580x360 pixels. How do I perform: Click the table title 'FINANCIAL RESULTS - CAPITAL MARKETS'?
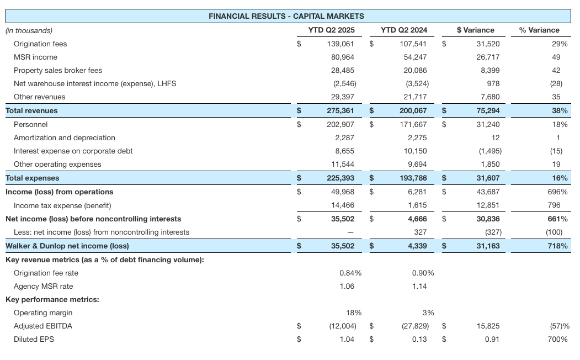pos(286,16)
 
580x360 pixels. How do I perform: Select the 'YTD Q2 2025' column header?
pos(331,30)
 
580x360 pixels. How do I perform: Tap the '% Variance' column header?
pos(539,30)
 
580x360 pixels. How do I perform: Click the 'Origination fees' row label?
pos(40,44)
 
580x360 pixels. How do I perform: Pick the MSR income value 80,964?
pos(343,57)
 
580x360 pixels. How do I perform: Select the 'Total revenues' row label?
pos(31,110)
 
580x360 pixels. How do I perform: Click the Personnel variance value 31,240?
pos(488,124)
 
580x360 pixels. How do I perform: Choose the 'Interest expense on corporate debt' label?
pos(73,151)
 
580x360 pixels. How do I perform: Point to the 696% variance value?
pos(557,192)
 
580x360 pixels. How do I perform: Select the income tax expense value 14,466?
pos(343,205)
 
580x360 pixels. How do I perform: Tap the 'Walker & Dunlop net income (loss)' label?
pos(67,246)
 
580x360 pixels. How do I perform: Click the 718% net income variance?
pos(558,246)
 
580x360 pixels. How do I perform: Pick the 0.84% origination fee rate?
pos(350,273)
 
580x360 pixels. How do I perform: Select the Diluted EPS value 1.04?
pos(347,339)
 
